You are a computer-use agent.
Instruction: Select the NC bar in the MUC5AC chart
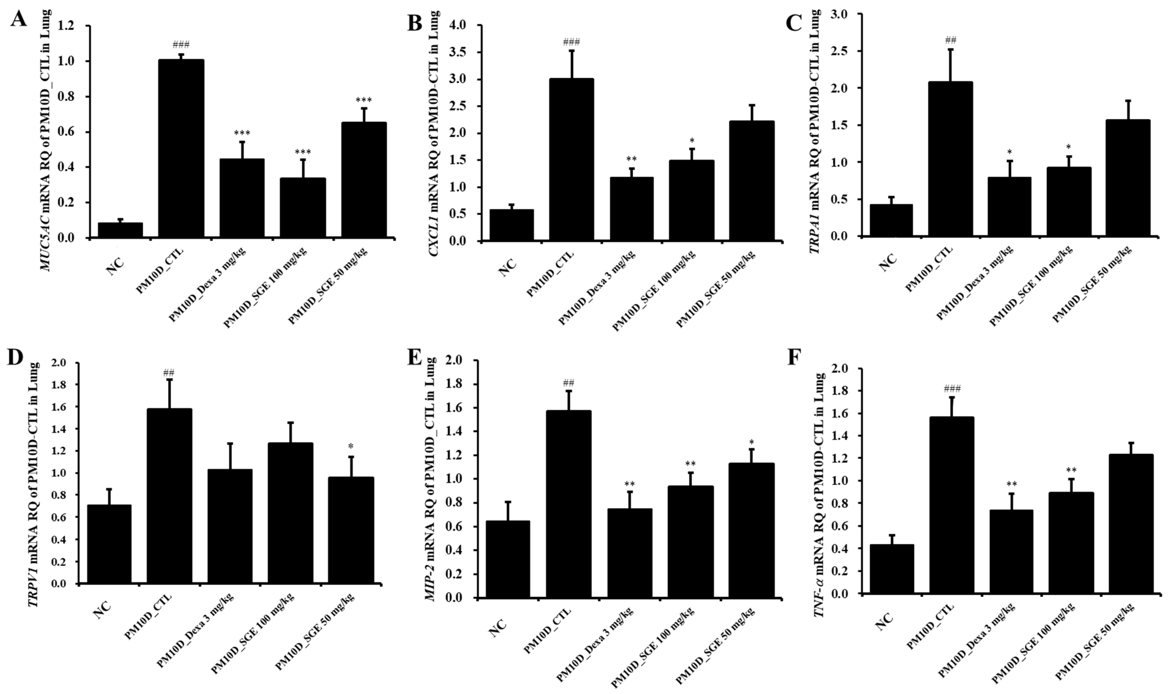pyautogui.click(x=120, y=230)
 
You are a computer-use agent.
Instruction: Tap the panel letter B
pyautogui.click(x=415, y=22)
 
